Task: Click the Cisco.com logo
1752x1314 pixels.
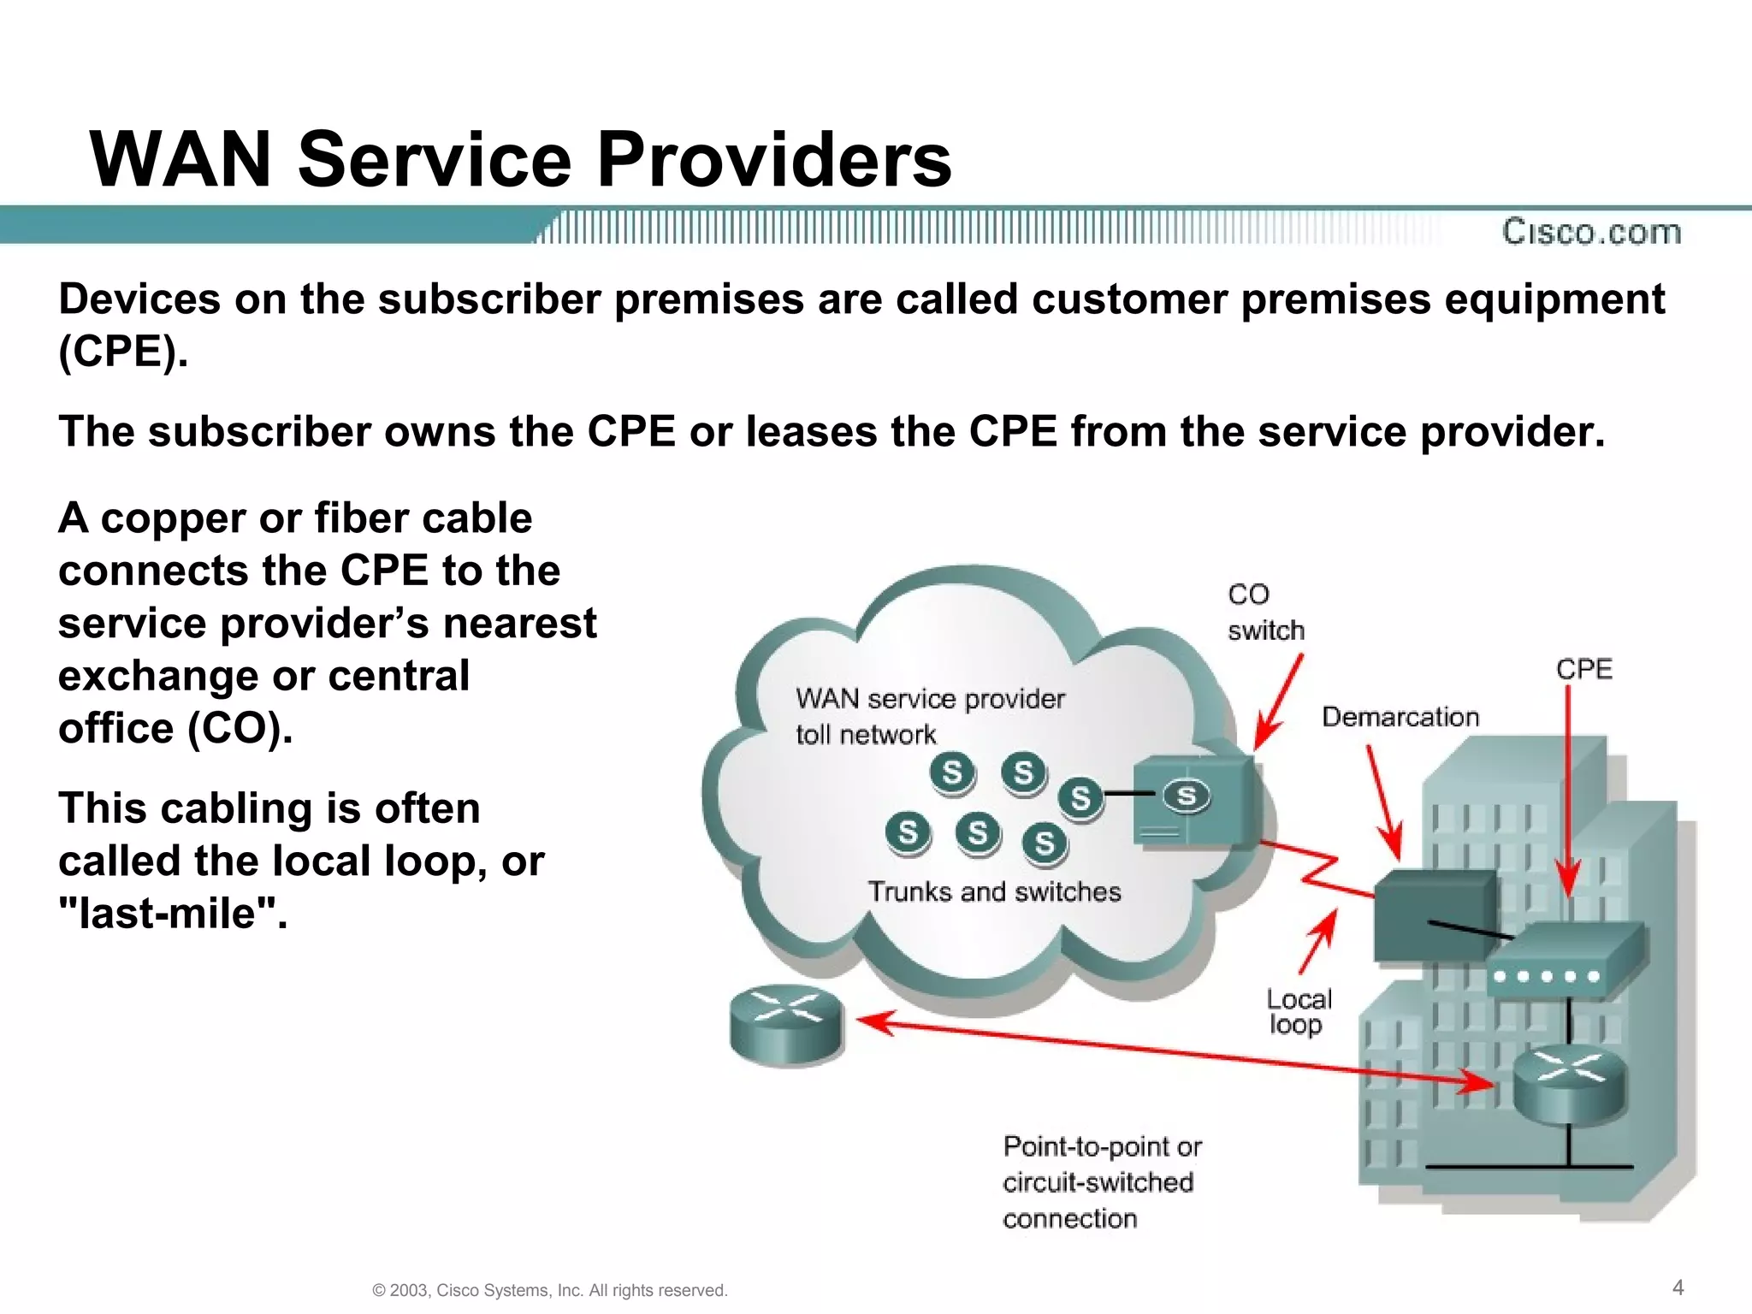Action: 1591,232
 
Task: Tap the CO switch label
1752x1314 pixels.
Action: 1265,613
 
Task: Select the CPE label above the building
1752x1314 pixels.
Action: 1583,669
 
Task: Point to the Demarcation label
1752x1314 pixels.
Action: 1400,717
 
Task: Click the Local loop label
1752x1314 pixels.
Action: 1299,1012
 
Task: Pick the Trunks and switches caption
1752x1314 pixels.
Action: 994,891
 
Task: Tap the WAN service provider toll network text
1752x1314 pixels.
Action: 930,716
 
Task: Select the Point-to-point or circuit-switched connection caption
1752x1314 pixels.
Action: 1102,1182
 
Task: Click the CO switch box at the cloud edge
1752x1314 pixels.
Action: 1195,801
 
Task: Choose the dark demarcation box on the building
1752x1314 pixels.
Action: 1435,915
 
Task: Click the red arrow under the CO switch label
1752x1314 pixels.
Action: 1278,703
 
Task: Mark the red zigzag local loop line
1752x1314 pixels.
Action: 1316,869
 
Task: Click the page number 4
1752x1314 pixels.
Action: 1678,1287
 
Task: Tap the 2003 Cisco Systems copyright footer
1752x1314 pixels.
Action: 550,1290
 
